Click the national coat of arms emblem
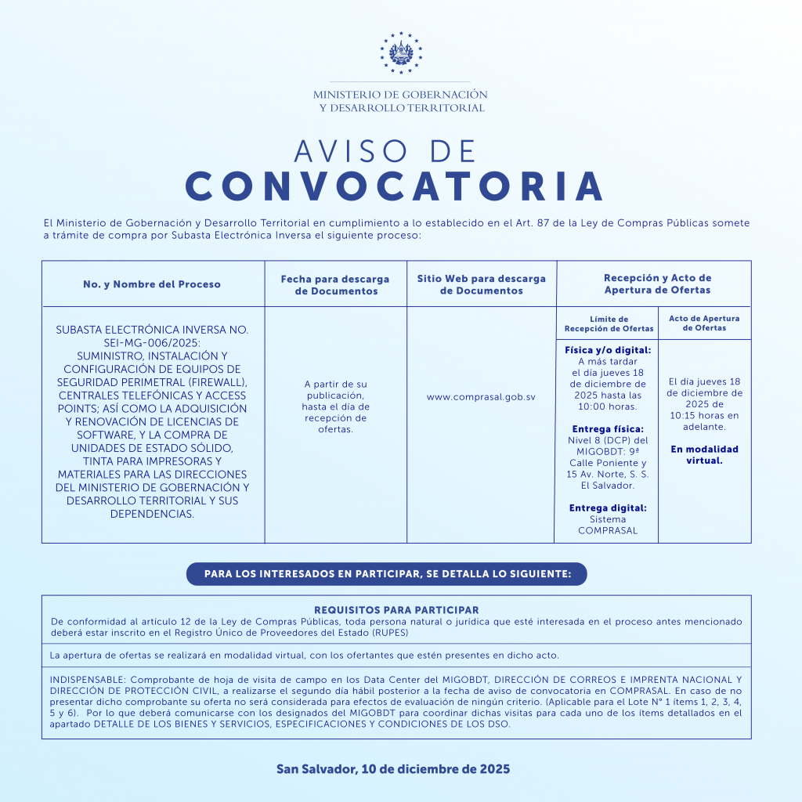[x=400, y=52]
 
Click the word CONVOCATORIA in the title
[x=395, y=186]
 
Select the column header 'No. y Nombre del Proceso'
[x=152, y=284]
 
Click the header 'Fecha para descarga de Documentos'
[x=335, y=284]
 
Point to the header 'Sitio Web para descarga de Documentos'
[x=481, y=284]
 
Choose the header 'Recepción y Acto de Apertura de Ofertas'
[x=657, y=284]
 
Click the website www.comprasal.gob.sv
[x=481, y=397]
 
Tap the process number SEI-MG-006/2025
[x=152, y=343]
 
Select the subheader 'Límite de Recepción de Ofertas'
[x=609, y=323]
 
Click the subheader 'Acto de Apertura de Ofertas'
[x=704, y=323]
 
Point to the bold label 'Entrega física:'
[x=608, y=429]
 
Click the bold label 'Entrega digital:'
[x=608, y=508]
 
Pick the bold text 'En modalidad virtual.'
[x=704, y=455]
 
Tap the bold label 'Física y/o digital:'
[x=608, y=350]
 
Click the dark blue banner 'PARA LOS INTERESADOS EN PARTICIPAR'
[x=386, y=574]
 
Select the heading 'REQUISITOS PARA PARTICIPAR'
[x=396, y=609]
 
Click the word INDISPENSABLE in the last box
[x=86, y=679]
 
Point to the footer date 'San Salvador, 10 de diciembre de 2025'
[x=393, y=769]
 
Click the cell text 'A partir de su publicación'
[x=335, y=389]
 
